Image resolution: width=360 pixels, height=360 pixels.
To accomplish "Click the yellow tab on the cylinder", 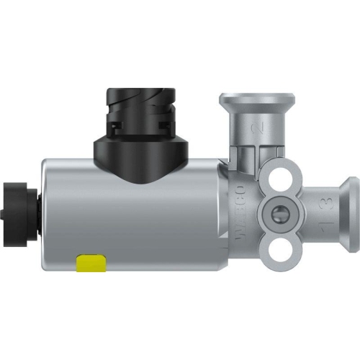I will [91, 263].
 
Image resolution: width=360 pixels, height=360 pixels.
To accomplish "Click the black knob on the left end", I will [16, 203].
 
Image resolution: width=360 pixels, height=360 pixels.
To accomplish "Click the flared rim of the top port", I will [256, 99].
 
